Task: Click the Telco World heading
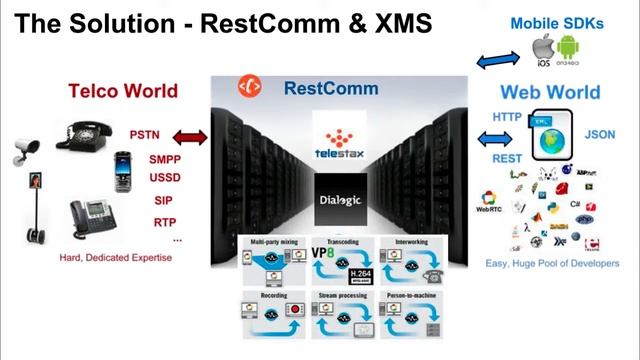point(123,91)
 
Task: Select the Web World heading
point(550,93)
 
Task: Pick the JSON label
point(600,133)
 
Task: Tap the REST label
point(508,158)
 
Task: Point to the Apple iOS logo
point(544,50)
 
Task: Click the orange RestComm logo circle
point(245,87)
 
